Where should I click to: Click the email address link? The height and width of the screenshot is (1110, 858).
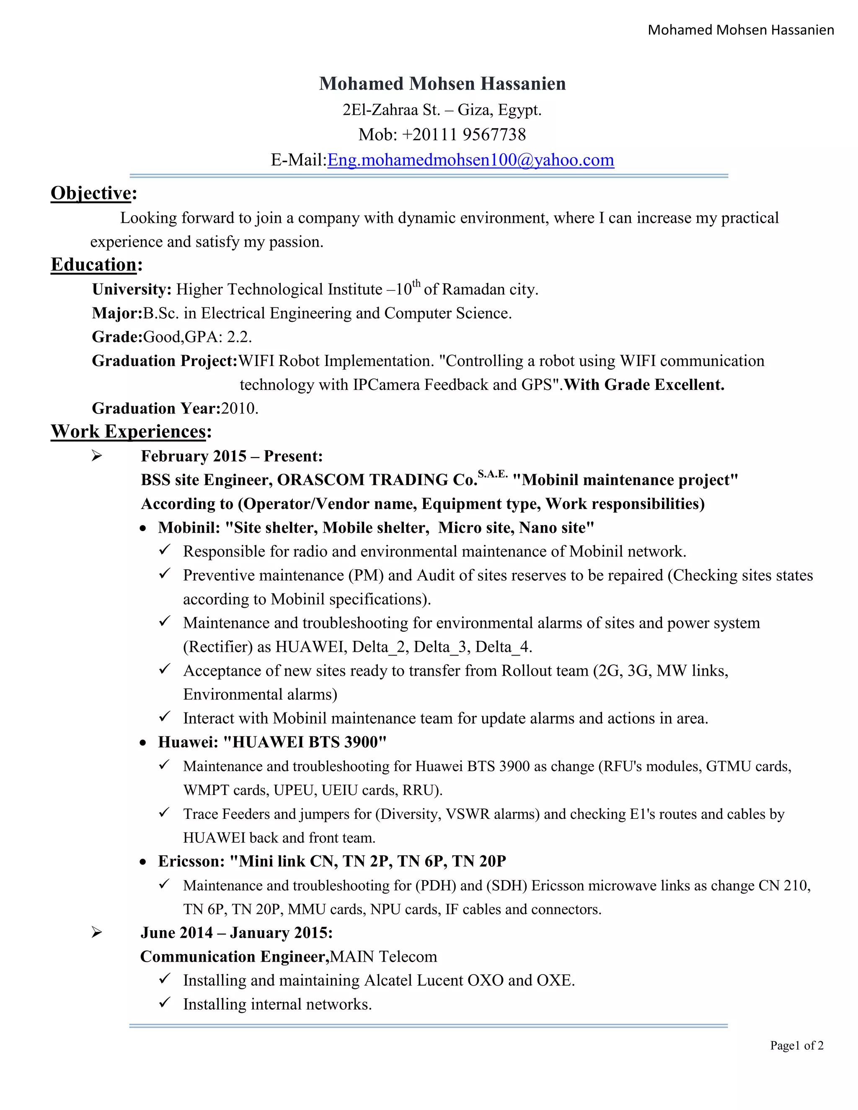click(x=470, y=160)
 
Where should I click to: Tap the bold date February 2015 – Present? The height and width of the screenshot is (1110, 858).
click(x=232, y=456)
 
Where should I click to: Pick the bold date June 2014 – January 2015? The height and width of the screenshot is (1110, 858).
click(x=236, y=933)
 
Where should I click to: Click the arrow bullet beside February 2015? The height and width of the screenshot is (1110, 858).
click(x=97, y=456)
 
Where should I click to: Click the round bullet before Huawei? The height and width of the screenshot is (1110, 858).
click(x=143, y=743)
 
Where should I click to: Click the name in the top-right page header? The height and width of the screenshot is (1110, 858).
click(x=741, y=30)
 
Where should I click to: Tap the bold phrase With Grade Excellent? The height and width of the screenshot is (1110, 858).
click(x=644, y=385)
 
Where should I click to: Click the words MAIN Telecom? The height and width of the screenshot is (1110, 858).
click(x=383, y=957)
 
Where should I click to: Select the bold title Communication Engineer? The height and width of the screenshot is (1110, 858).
click(x=234, y=957)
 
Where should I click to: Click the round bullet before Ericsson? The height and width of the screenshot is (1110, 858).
click(x=143, y=862)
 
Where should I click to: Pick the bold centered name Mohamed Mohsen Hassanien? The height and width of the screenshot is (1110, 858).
click(x=442, y=84)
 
